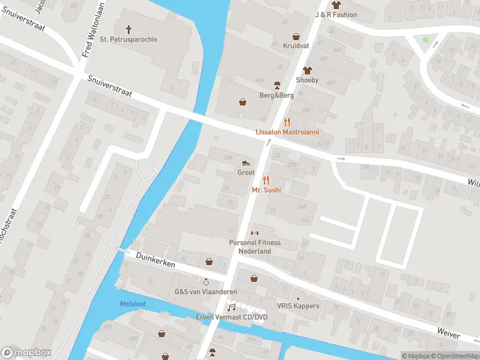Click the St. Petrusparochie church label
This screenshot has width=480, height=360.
(x=128, y=40)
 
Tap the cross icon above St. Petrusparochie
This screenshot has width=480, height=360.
(x=128, y=29)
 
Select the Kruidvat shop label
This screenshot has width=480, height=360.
(x=295, y=46)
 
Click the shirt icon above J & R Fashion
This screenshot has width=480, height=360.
(x=335, y=5)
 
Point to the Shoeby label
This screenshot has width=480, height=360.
(x=307, y=80)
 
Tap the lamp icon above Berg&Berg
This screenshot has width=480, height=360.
(x=277, y=85)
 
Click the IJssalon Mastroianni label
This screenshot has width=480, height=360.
(x=287, y=131)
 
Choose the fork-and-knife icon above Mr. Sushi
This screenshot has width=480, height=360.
(x=266, y=180)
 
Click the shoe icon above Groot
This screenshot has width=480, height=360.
(x=245, y=163)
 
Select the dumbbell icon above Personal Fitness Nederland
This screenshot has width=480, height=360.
(x=254, y=233)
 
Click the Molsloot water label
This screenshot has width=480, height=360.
(x=133, y=304)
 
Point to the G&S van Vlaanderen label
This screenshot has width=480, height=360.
(x=206, y=292)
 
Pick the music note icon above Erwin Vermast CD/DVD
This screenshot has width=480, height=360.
(x=231, y=307)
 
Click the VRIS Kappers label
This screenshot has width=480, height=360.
(x=298, y=306)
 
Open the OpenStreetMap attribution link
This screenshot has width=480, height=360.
(x=455, y=356)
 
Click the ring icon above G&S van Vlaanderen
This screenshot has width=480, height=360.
(x=206, y=281)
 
